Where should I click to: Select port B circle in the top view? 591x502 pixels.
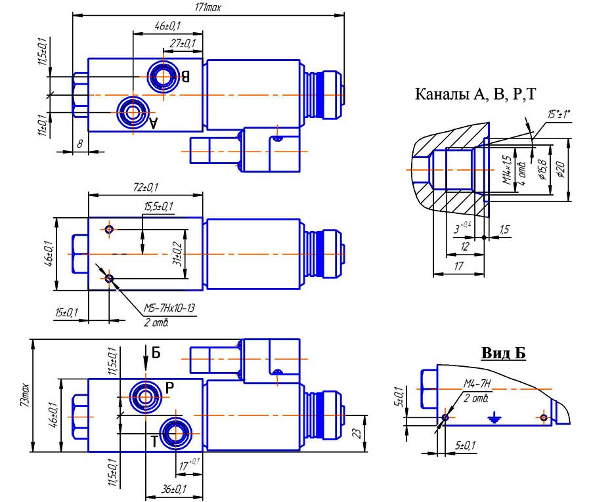click(162, 76)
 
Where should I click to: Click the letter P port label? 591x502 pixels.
click(169, 387)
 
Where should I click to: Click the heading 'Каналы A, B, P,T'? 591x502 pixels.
click(475, 94)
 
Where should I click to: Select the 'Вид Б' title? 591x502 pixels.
click(504, 354)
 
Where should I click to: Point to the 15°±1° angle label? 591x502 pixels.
click(559, 114)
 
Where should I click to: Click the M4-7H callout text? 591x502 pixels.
click(478, 384)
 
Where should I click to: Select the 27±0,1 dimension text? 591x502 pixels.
click(183, 43)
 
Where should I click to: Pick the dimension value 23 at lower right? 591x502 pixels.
click(372, 433)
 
